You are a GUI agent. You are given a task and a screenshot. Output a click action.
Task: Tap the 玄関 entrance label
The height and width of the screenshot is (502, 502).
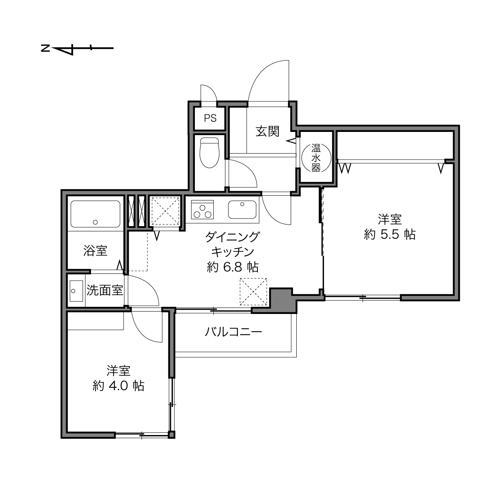coord(267,131)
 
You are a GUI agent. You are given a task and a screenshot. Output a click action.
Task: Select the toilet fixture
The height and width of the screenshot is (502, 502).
coord(209,153)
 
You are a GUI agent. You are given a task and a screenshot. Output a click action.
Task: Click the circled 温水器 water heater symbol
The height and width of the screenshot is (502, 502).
coord(316,158)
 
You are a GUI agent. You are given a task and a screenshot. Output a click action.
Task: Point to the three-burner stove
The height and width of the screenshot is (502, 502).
coord(202,209)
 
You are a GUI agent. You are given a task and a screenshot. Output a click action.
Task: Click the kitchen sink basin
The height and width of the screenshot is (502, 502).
coord(242,209)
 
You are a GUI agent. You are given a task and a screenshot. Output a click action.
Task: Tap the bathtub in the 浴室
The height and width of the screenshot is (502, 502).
coord(95,214)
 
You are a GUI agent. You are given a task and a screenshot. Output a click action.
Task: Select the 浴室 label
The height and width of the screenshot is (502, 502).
coord(95,250)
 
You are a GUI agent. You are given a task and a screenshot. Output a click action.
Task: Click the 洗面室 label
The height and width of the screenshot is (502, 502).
coord(105,290)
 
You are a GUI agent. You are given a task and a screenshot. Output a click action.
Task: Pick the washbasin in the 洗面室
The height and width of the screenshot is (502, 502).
coord(76,291)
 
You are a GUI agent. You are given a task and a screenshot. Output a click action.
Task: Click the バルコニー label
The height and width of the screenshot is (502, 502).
coord(233,332)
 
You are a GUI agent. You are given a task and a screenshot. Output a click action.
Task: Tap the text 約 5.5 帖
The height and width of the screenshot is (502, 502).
coord(389,235)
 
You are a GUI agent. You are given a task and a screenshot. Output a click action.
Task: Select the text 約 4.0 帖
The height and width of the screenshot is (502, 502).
coord(118,386)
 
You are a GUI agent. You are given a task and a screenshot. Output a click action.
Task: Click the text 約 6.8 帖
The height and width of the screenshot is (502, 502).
coord(233,267)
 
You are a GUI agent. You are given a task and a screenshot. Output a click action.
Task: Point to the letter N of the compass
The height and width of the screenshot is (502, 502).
coord(45,48)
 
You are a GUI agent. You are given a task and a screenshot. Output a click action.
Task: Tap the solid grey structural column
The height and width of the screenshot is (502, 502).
coord(283,300)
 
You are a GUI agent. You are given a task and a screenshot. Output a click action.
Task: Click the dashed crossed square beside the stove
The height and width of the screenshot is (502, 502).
coord(166,211)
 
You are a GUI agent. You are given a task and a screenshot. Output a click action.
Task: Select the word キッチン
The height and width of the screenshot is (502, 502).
coord(233,252)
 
